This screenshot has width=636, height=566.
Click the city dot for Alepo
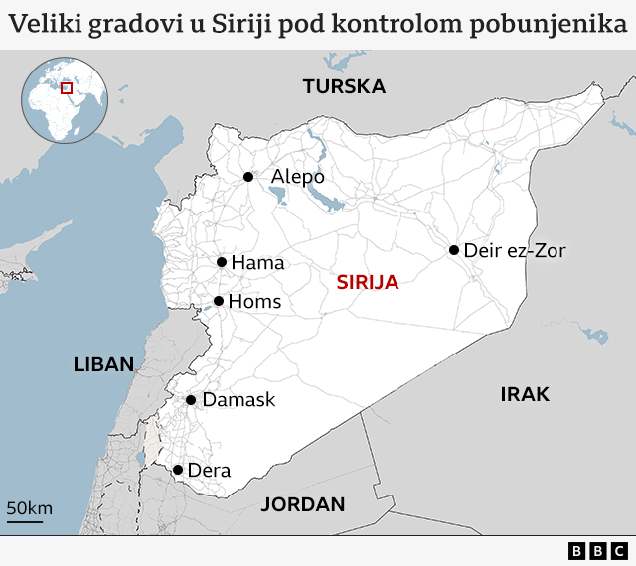(x=248, y=177)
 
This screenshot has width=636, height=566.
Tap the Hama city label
(x=257, y=263)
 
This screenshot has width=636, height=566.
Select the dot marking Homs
(x=219, y=301)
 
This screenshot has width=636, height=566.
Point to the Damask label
(x=238, y=400)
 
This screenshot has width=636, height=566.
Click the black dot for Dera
(x=178, y=470)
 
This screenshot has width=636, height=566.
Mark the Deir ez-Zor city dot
(x=454, y=250)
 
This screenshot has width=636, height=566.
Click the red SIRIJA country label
(x=368, y=282)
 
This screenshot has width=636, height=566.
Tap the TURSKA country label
(x=344, y=86)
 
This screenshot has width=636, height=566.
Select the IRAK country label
(x=525, y=394)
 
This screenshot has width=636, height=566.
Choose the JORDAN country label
(x=303, y=504)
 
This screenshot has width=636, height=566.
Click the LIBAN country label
(x=103, y=364)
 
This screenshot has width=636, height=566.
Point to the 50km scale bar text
(x=30, y=508)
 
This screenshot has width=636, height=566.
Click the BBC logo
(x=597, y=551)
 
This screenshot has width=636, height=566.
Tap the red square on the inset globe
(x=68, y=88)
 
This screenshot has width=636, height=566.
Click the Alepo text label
(x=298, y=177)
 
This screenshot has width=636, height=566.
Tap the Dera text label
(x=209, y=470)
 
